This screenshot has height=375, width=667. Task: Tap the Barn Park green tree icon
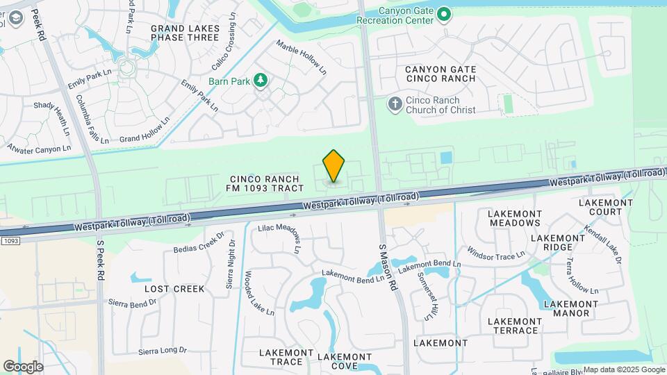pos(261,81)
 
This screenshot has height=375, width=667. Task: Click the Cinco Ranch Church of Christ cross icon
pos(395,104)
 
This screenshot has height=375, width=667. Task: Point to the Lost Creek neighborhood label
pos(174,288)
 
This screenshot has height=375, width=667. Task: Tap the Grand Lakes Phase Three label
pos(185,33)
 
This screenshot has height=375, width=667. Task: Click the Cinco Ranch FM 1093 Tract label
pos(266,183)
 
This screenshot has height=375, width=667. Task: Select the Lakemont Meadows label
pos(515,218)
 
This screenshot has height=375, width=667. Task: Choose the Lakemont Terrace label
pos(513,326)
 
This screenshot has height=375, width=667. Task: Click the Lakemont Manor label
pos(570,308)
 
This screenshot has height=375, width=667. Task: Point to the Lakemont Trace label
pos(286,357)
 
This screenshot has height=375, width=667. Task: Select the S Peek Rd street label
pos(100,261)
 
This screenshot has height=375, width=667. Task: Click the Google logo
pos(23,366)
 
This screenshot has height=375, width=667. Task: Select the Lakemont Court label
pos(605,207)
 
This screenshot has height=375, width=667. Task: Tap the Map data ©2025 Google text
pos(624,369)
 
